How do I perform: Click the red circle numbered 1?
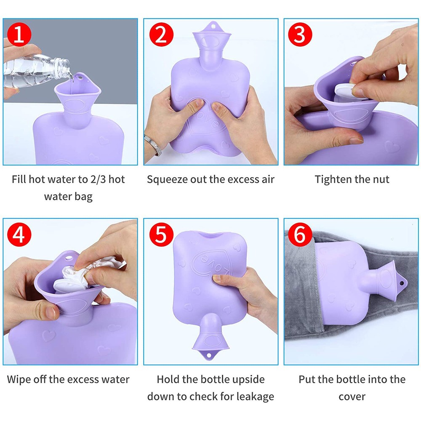(x=19, y=35)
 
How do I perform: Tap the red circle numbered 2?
(x=161, y=35)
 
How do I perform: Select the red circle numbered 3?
(x=300, y=35)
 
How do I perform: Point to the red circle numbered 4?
(x=19, y=234)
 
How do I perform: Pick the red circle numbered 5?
(x=161, y=234)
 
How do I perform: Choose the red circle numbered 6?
(x=300, y=234)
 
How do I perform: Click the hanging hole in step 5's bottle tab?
(x=209, y=355)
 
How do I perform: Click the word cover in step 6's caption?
(x=352, y=397)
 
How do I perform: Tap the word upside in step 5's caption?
(x=249, y=380)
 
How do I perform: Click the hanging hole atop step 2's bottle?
(x=213, y=27)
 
